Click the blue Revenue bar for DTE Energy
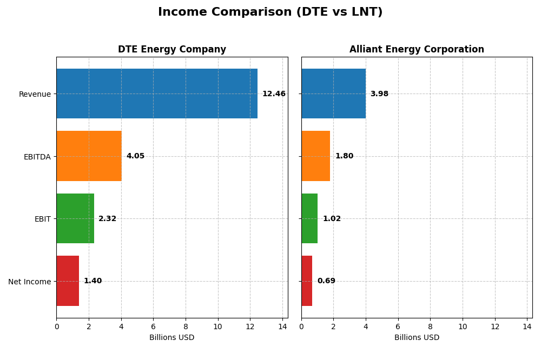pyautogui.click(x=157, y=94)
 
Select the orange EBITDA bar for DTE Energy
pyautogui.click(x=89, y=156)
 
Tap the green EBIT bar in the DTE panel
pyautogui.click(x=75, y=218)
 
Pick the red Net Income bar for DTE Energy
pyautogui.click(x=68, y=281)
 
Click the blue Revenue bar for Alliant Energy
pyautogui.click(x=333, y=94)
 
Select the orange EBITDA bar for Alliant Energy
pyautogui.click(x=316, y=156)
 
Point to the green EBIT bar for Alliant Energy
pyautogui.click(x=309, y=218)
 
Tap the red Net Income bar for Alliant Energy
pyautogui.click(x=307, y=281)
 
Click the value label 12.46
pyautogui.click(x=274, y=94)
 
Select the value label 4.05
pyautogui.click(x=135, y=156)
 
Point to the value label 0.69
pyautogui.click(x=326, y=281)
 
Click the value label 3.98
pyautogui.click(x=379, y=94)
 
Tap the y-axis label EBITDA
pyautogui.click(x=37, y=157)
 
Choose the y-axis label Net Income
pyautogui.click(x=29, y=282)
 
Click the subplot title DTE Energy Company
pyautogui.click(x=172, y=50)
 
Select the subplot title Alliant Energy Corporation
pyautogui.click(x=417, y=50)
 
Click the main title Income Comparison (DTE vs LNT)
pyautogui.click(x=270, y=12)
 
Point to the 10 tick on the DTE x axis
pyautogui.click(x=217, y=327)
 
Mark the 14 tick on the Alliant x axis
pyautogui.click(x=527, y=327)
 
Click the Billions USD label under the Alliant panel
pyautogui.click(x=417, y=338)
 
